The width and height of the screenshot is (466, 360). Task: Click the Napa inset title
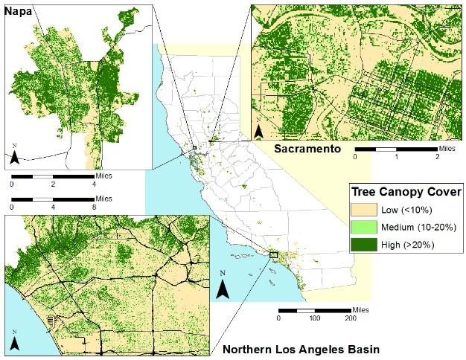point(20,11)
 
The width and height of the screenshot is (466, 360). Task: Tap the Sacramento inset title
point(307,150)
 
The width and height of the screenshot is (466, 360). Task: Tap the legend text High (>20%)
point(409,243)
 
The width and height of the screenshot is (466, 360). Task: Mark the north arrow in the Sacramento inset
point(259,130)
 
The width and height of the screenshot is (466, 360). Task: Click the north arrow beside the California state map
point(222,286)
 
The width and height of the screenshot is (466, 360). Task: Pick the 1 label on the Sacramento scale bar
point(397,158)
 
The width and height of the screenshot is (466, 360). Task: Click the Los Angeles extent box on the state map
point(273,254)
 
